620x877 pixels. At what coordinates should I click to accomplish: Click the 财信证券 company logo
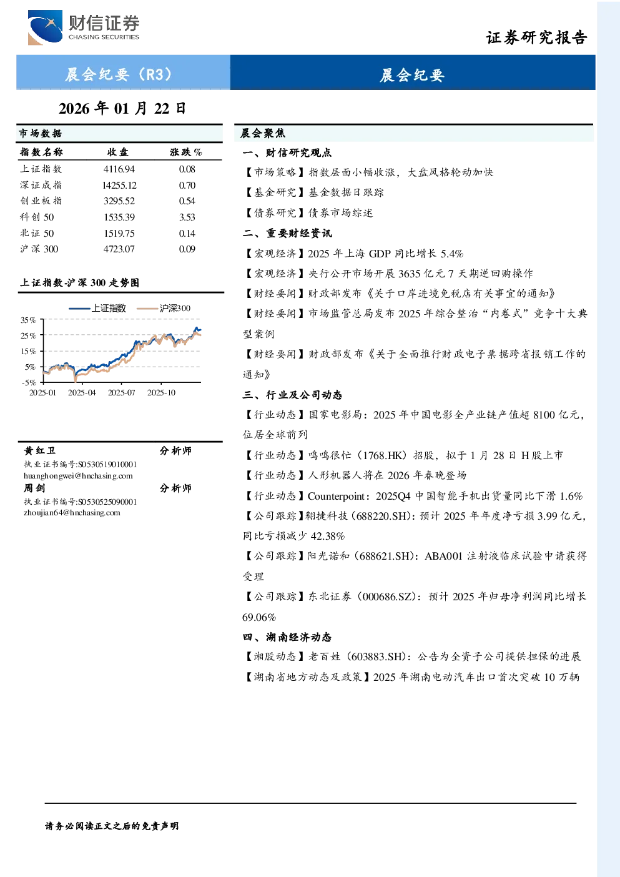coord(84,27)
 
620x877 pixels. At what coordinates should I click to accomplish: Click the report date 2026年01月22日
coord(122,109)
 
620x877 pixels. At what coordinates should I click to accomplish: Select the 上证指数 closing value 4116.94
coord(119,169)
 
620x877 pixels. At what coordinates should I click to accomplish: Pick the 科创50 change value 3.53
coord(187,217)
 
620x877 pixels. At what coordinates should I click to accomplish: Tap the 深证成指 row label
coord(41,185)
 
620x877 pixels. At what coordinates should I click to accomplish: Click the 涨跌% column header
coord(186,152)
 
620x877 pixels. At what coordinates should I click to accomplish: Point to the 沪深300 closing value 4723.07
coord(119,249)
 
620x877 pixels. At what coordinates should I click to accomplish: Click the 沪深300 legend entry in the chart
coord(164,308)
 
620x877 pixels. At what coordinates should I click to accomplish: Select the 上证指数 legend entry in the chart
coord(97,308)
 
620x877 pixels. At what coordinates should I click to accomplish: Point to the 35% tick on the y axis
coord(28,320)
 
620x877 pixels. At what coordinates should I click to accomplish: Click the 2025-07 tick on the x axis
coord(121,392)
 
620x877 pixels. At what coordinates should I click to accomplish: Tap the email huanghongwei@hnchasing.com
coord(78,476)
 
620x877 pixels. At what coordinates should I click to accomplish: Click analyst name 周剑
coord(34,488)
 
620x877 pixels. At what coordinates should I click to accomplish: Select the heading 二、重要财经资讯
coord(287,234)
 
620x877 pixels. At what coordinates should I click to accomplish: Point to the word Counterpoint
coord(337,496)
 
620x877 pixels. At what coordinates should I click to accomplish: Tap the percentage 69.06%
coord(259,617)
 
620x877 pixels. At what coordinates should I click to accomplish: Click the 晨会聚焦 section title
coord(263,133)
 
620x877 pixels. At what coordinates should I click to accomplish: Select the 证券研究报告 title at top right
coord(536,37)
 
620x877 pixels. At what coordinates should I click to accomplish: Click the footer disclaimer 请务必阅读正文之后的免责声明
coord(112,826)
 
